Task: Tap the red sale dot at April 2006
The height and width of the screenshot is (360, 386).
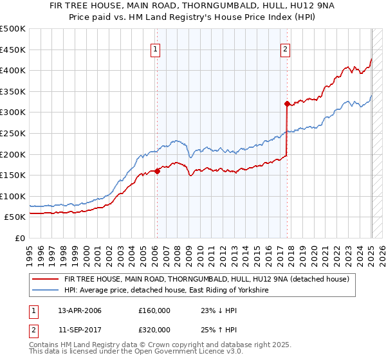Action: coord(157,171)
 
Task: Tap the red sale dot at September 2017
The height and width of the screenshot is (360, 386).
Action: coord(286,103)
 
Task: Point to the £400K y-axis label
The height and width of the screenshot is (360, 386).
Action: coord(13,71)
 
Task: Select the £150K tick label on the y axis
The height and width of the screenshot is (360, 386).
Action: coord(13,175)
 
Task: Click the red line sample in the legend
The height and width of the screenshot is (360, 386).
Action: coord(46,279)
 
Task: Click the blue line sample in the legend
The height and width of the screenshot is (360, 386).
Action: coord(46,291)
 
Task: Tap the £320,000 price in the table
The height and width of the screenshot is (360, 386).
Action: coord(154,329)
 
